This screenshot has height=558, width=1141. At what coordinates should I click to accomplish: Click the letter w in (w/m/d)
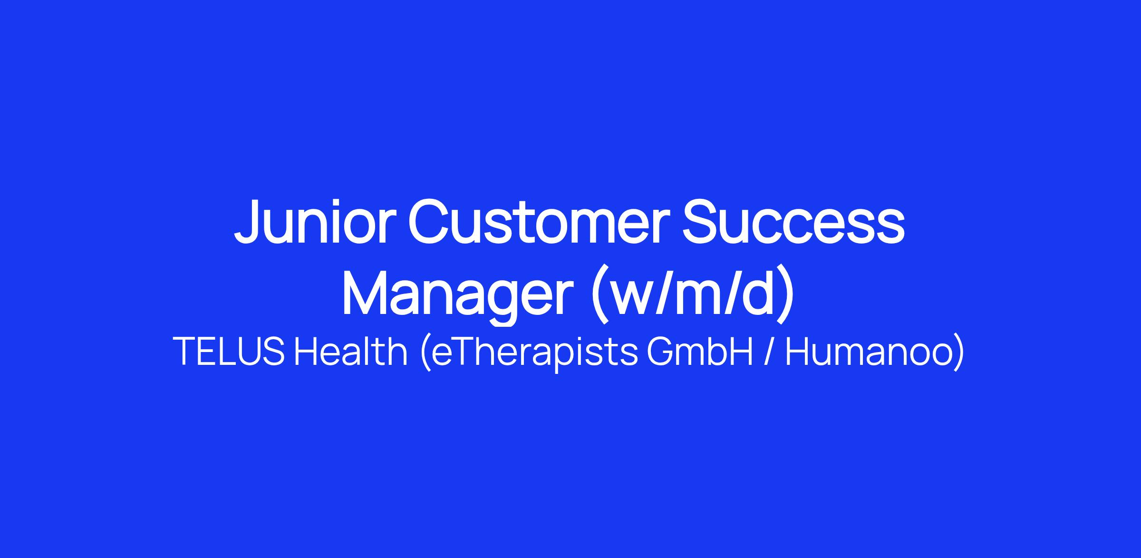tap(635, 300)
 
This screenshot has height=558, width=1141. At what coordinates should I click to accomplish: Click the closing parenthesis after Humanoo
tap(958, 352)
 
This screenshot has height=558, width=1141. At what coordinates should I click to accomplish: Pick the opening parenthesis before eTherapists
tap(426, 352)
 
